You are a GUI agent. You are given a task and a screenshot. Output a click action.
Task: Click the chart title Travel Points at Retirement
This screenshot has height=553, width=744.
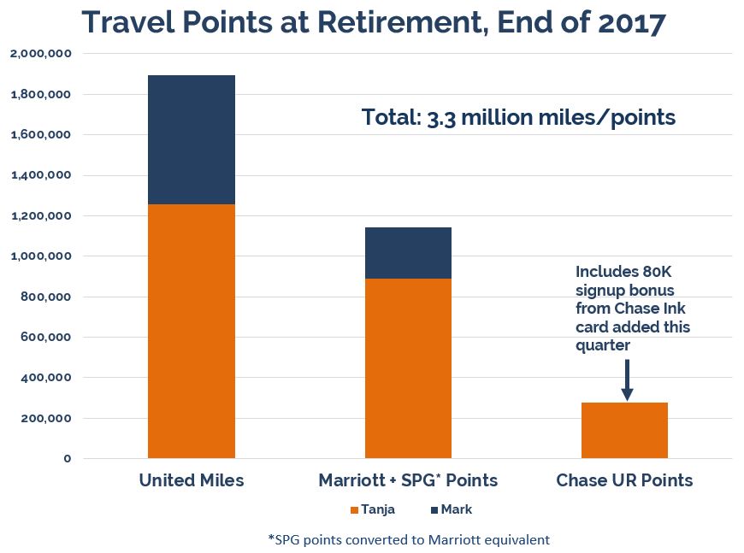(373, 22)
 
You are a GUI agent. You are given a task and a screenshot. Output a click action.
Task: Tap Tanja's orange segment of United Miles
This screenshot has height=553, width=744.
(191, 331)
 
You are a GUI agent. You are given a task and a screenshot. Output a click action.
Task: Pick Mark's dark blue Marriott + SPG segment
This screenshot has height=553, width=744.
(408, 253)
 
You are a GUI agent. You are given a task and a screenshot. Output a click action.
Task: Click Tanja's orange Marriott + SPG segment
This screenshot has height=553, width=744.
(408, 368)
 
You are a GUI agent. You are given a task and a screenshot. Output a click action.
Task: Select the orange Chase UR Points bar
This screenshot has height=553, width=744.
(624, 430)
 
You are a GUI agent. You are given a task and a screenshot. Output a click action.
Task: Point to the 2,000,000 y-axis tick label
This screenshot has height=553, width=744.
(40, 54)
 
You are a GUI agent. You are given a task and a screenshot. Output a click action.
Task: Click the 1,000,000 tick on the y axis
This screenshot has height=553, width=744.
(40, 256)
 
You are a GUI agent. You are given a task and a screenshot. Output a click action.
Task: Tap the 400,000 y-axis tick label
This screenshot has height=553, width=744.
(44, 378)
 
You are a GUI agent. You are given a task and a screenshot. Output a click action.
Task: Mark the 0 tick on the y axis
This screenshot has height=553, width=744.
(66, 459)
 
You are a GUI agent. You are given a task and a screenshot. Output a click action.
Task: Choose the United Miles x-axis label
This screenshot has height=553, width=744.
(192, 480)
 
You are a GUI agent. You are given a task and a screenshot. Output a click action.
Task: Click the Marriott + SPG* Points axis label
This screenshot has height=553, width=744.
(409, 480)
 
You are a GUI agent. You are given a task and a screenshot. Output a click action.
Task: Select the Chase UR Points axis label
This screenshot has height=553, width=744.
(624, 480)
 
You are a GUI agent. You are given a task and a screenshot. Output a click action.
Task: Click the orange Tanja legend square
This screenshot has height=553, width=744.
(355, 510)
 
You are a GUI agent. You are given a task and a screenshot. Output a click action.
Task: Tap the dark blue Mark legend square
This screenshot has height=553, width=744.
(433, 510)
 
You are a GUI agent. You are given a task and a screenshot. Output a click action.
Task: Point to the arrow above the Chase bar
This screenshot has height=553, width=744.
(627, 379)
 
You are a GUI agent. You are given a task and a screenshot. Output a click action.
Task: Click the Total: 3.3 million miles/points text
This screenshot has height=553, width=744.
(518, 118)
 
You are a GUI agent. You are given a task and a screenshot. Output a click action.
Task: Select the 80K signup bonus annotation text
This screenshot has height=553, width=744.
(633, 308)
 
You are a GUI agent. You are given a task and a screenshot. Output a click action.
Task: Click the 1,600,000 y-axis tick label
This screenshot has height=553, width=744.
(40, 135)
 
